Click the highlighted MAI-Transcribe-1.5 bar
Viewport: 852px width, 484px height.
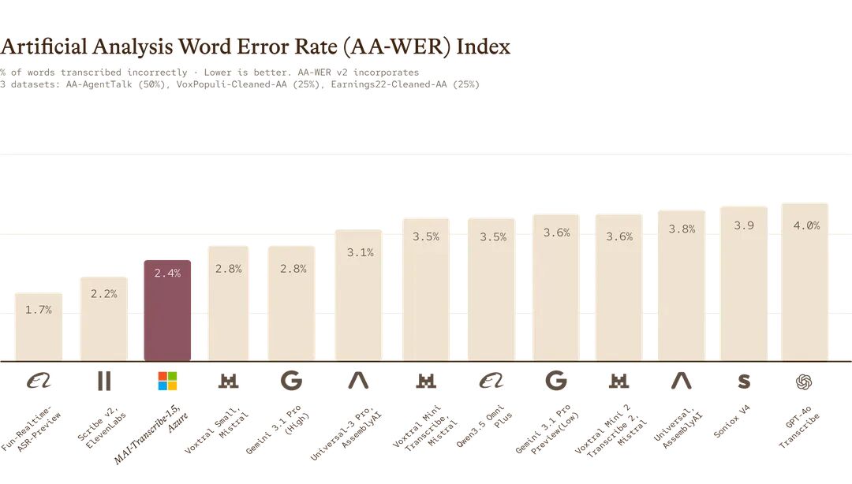(x=167, y=311)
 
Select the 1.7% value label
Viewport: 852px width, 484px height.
(x=39, y=310)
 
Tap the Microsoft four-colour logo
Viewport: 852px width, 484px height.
(x=167, y=381)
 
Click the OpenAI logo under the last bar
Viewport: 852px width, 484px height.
(x=804, y=382)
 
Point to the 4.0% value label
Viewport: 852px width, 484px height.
(x=806, y=225)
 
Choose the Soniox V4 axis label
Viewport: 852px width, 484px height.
(x=731, y=422)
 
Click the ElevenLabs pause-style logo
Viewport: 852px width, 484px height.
(x=104, y=381)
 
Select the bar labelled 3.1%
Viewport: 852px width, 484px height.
(x=359, y=296)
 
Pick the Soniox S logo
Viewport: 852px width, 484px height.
(x=744, y=382)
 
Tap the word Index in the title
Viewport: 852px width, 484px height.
(x=483, y=47)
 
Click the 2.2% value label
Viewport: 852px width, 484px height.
(x=104, y=294)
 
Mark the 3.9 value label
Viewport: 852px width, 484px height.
(x=744, y=225)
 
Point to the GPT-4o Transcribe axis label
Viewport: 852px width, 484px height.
(x=798, y=426)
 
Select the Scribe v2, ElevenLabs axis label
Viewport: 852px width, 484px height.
(x=102, y=429)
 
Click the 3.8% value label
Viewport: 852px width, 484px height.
(x=682, y=229)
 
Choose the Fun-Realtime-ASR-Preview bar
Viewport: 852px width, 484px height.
(x=39, y=327)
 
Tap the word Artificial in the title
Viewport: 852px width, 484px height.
(x=43, y=47)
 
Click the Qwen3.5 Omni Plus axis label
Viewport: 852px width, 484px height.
(x=484, y=426)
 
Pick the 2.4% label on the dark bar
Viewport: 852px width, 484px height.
(x=167, y=274)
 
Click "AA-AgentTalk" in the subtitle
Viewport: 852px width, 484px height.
(x=99, y=84)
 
